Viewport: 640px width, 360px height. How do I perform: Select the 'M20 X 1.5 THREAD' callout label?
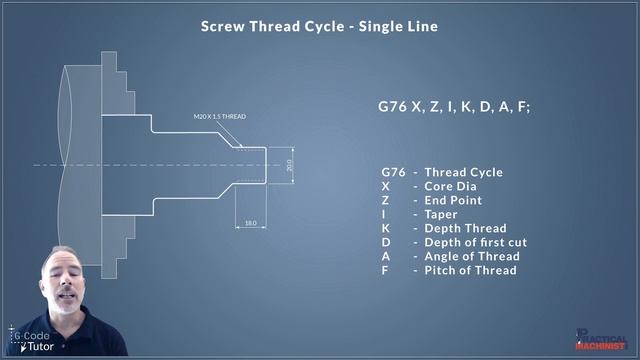tap(219, 117)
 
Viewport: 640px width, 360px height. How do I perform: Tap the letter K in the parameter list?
tap(386, 228)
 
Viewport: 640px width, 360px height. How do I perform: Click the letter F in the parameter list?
tap(385, 270)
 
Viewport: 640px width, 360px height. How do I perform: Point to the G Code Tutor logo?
tap(32, 339)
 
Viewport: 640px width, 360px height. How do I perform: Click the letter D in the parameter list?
tap(386, 242)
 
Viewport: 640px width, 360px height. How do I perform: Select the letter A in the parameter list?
tap(386, 256)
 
